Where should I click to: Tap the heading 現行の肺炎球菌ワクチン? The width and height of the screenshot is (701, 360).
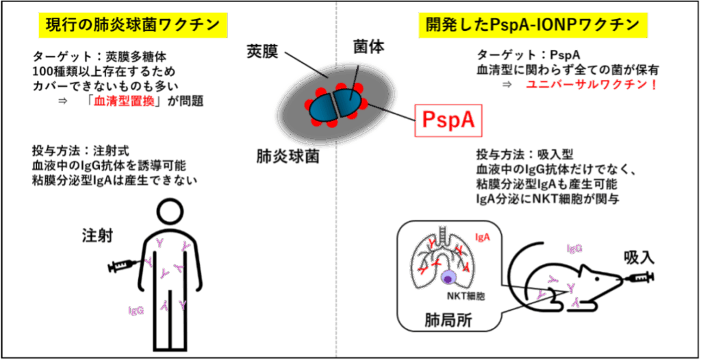coord(132,25)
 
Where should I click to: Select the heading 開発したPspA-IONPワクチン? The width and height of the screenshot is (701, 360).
coord(533,25)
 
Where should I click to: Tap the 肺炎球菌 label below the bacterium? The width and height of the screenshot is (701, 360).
coord(288,155)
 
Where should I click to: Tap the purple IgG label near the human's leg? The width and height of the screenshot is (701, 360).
coord(136,310)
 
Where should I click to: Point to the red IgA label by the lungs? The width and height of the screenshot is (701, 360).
coord(483,238)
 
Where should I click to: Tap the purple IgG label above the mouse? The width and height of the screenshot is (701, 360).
coord(574,248)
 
